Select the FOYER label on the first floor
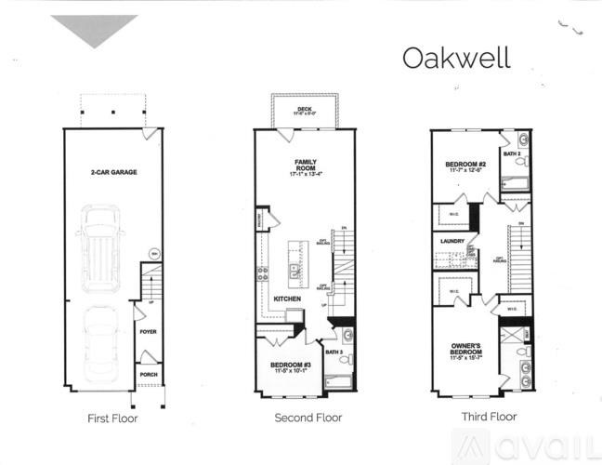148,331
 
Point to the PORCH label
148,375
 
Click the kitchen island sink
293,271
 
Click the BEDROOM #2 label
466,166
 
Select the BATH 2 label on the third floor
511,153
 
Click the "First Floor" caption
112,418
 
